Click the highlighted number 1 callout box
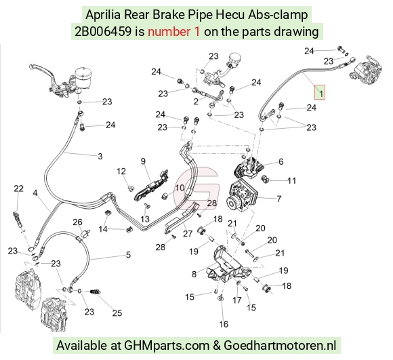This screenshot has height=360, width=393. click(x=320, y=92)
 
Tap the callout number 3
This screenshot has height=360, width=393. click(x=100, y=156)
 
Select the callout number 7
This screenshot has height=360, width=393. click(x=279, y=199)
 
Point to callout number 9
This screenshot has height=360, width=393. click(x=143, y=161)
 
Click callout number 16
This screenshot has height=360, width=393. click(x=224, y=324)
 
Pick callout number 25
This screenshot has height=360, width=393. click(x=117, y=313)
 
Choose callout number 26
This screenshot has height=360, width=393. click(x=77, y=222)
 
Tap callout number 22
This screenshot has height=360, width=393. click(x=18, y=188)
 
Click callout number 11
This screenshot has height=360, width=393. click(x=292, y=180)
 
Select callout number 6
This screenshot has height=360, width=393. click(x=281, y=162)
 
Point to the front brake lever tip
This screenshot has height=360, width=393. click(x=31, y=66)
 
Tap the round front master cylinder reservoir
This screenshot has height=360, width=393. click(x=83, y=77)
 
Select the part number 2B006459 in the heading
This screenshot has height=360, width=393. click(x=103, y=32)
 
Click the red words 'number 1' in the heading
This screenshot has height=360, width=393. click(x=173, y=32)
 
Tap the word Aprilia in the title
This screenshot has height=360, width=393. click(x=103, y=14)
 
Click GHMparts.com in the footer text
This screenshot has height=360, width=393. click(x=167, y=346)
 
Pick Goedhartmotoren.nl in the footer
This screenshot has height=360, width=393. click(x=280, y=345)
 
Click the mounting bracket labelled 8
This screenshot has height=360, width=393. click(x=226, y=266)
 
